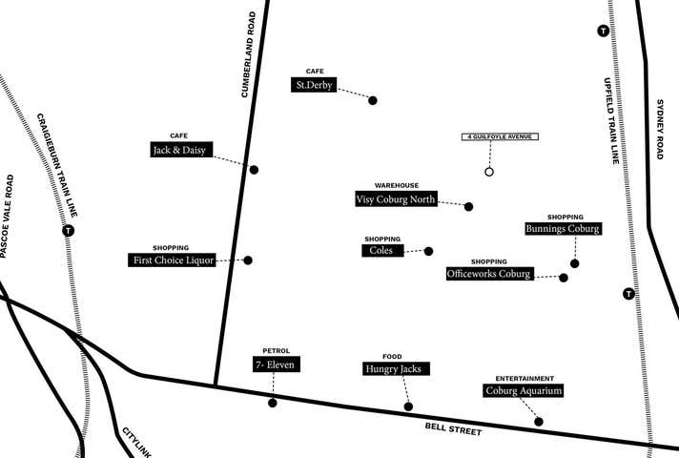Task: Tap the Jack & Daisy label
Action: tap(181, 150)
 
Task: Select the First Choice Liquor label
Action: tap(172, 260)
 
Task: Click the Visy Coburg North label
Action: tap(396, 199)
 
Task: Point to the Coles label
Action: tap(382, 251)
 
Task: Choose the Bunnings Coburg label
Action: tap(563, 229)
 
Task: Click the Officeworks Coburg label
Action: tap(489, 274)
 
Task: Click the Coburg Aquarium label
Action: tap(524, 390)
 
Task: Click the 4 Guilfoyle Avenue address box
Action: tap(500, 137)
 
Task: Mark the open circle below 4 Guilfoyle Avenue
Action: tap(489, 172)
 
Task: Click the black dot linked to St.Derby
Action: tap(373, 100)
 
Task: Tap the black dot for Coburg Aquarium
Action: tap(539, 422)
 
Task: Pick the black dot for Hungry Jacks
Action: tap(408, 406)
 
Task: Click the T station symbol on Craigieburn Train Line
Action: tap(68, 230)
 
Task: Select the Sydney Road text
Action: tap(659, 129)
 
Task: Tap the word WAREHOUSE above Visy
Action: tap(396, 184)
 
